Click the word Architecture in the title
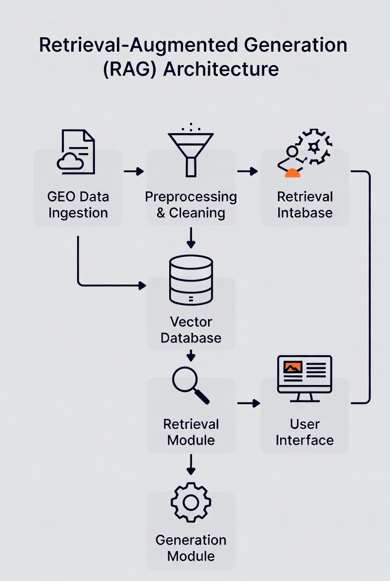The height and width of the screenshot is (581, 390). tap(221, 69)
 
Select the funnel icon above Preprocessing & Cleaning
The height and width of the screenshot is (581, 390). tap(191, 152)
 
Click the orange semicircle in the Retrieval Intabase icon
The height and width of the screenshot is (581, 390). tap(293, 173)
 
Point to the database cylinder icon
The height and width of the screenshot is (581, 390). tap(191, 280)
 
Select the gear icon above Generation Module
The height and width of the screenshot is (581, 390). tap(191, 502)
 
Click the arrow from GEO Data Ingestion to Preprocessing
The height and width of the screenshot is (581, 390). tap(133, 172)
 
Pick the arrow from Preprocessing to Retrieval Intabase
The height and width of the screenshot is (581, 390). tap(247, 172)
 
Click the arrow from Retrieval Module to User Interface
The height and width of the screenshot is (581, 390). tap(248, 403)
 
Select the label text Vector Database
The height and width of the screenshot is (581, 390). tap(191, 330)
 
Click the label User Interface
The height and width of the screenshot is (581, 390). tap(304, 432)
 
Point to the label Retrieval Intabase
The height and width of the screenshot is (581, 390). tap(304, 204)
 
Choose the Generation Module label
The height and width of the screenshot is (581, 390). tap(191, 548)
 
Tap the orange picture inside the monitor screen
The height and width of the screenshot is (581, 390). tap(292, 367)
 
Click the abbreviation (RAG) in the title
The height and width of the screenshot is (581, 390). tap(130, 69)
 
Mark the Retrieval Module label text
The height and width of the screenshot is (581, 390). tap(191, 432)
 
